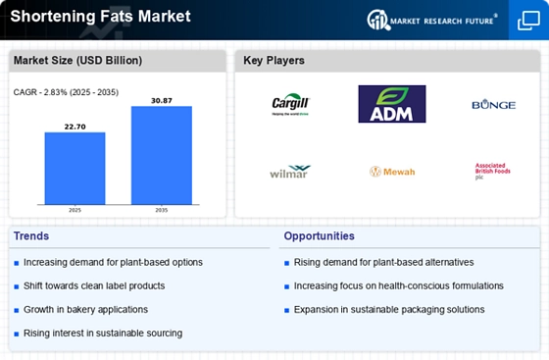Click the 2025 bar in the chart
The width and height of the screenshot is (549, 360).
(x=75, y=167)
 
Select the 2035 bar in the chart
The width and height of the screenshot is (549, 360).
(x=162, y=154)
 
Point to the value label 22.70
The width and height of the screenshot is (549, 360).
(x=75, y=125)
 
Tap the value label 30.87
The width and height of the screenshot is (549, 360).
(x=162, y=99)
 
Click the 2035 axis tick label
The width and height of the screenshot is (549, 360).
(x=162, y=210)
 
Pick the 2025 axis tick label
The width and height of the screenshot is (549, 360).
(x=75, y=210)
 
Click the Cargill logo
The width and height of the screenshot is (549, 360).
(x=290, y=104)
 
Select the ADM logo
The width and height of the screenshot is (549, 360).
(x=391, y=104)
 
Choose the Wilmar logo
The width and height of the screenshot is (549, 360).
(x=290, y=172)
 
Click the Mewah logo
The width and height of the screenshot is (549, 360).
(x=392, y=172)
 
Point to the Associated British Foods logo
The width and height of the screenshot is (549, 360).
(x=492, y=171)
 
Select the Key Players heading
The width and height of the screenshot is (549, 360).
(x=274, y=61)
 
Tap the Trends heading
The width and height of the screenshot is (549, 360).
(x=32, y=236)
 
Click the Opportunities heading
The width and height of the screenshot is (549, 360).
(x=319, y=236)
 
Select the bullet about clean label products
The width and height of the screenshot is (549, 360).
(x=94, y=285)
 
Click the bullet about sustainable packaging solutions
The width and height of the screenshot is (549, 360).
(x=388, y=309)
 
